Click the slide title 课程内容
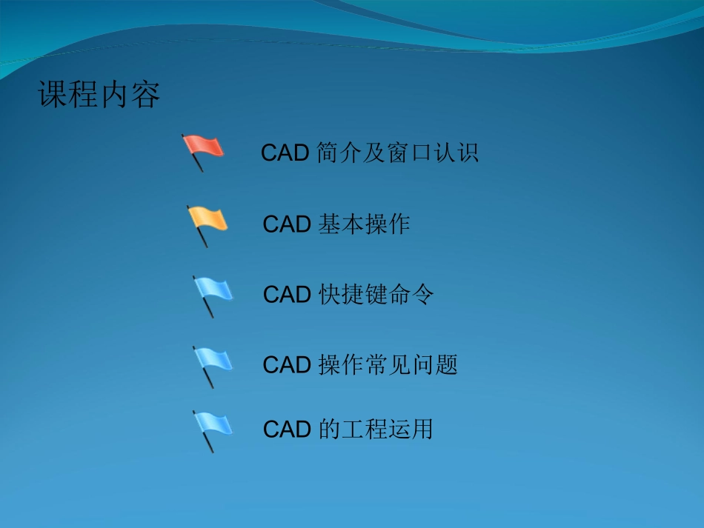click(x=99, y=96)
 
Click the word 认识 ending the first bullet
click(x=456, y=153)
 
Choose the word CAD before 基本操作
click(x=287, y=224)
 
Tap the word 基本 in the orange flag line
click(x=341, y=224)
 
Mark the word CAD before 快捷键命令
click(x=287, y=295)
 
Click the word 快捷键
click(x=353, y=295)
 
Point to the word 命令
click(x=411, y=295)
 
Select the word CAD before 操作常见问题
click(x=287, y=365)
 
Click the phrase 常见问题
click(x=412, y=365)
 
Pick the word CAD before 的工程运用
click(x=287, y=430)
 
